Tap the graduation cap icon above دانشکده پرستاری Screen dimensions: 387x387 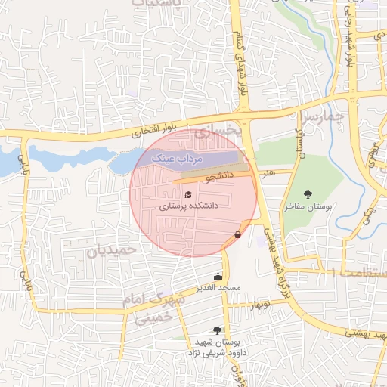coord(187,194)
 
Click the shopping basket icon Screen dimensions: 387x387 coord(238,235)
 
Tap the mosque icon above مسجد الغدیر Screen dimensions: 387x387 coord(218,276)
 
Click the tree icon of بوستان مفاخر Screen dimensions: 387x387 coord(307,194)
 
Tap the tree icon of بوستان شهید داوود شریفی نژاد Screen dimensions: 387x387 coord(218,330)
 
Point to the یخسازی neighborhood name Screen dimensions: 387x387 coord(217,132)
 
